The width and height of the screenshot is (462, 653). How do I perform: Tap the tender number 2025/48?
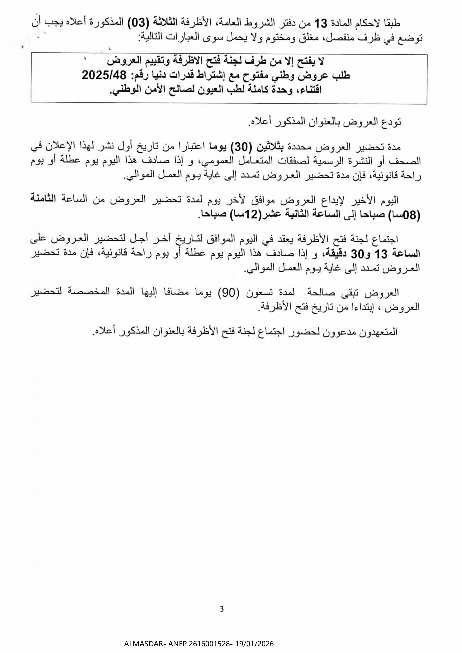(x=104, y=76)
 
